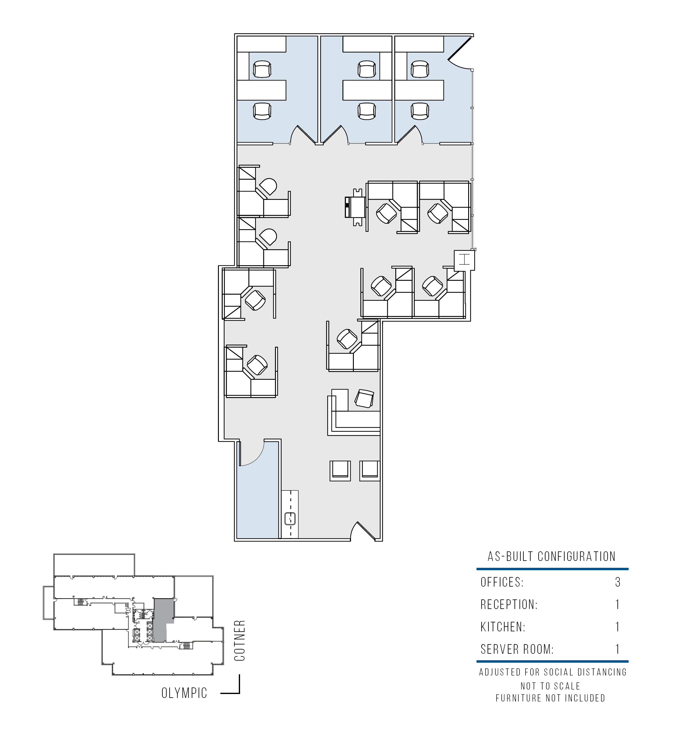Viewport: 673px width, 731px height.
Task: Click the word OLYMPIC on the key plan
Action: (184, 693)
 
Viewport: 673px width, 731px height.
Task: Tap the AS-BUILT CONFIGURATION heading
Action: (551, 556)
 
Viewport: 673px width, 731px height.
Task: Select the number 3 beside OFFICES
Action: (618, 582)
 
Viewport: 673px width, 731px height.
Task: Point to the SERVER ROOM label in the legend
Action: (517, 649)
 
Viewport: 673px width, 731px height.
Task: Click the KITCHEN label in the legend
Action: (503, 627)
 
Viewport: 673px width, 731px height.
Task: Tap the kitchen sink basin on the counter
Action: (290, 519)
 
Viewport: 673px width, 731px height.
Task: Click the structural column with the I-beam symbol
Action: (464, 260)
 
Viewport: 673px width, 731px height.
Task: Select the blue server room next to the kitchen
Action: (257, 490)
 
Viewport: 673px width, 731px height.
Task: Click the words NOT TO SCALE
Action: (550, 686)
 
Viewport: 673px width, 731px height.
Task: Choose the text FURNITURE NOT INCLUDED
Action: (550, 698)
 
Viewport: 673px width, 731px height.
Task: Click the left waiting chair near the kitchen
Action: (340, 471)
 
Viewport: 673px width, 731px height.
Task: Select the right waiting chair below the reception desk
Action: (370, 471)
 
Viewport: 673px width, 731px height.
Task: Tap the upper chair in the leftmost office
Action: (262, 69)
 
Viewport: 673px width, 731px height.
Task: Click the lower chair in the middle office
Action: (367, 111)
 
